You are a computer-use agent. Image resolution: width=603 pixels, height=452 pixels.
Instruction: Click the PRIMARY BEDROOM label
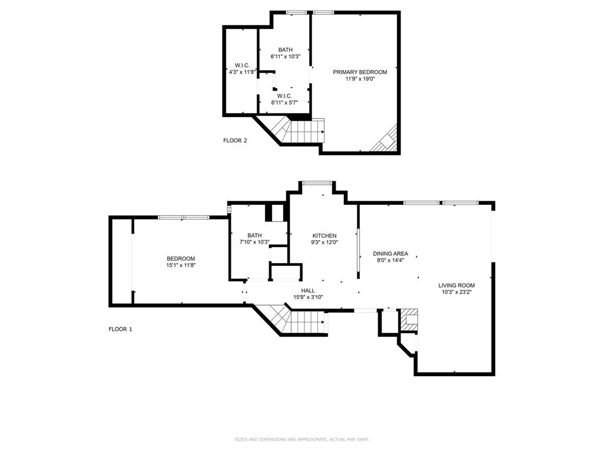click(360, 72)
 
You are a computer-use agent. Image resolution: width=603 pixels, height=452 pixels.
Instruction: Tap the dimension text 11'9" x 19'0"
click(360, 78)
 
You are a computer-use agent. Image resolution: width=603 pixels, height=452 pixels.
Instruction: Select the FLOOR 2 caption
click(235, 140)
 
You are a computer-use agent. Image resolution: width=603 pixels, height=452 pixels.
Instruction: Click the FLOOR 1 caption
click(120, 329)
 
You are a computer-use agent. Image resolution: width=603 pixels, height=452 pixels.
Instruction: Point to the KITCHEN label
click(324, 235)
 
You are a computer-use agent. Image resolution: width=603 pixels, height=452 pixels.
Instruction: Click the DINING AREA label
click(390, 254)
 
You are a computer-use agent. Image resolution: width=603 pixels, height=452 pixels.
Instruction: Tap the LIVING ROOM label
click(456, 285)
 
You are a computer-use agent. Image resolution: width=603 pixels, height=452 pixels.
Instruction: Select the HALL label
click(308, 290)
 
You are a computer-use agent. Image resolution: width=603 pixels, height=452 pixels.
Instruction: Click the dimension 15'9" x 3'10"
click(308, 297)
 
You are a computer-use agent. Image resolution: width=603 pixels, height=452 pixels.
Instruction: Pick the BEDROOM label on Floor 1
click(181, 258)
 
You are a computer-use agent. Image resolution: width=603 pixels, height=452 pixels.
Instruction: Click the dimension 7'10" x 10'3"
click(254, 242)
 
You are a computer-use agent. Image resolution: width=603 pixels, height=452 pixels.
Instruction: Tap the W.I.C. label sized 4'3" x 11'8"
click(242, 65)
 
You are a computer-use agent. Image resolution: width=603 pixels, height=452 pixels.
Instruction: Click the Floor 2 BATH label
click(286, 50)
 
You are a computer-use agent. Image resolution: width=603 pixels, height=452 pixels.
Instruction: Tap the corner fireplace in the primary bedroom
click(387, 140)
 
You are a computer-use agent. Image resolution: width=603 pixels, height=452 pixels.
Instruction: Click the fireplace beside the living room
click(409, 319)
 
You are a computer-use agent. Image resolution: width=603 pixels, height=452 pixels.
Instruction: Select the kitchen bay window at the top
click(317, 183)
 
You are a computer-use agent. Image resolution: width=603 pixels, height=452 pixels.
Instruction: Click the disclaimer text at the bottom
click(301, 439)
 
